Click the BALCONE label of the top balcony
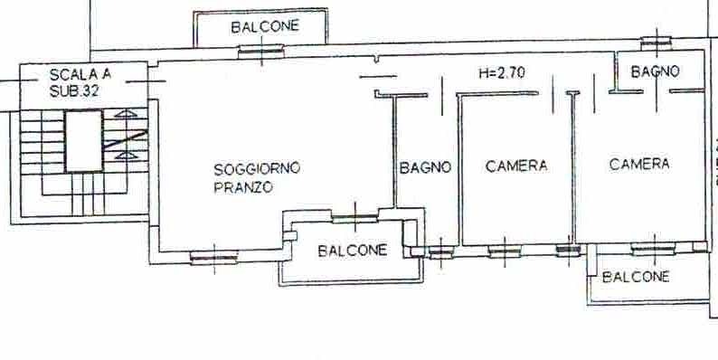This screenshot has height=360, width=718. (264, 27)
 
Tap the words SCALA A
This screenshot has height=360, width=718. (81, 75)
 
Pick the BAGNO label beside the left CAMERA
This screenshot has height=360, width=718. (425, 167)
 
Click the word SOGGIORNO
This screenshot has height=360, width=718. (257, 168)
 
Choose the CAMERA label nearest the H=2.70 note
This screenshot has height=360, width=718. (516, 166)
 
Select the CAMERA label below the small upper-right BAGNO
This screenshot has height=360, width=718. (639, 164)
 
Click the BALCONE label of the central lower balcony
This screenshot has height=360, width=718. (353, 251)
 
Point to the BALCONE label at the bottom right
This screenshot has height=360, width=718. (636, 277)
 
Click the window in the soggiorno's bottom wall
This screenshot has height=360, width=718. (213, 257)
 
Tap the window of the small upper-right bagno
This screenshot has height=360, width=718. (655, 43)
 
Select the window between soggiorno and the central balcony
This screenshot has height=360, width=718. (354, 216)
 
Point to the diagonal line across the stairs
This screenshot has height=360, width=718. (124, 141)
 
